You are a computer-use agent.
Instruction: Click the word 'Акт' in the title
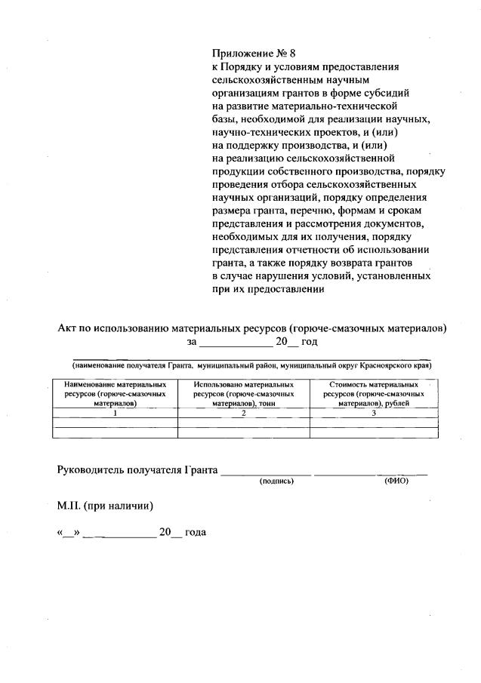69,328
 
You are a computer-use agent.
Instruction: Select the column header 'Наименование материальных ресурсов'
115,394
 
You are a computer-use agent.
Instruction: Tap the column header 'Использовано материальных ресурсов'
243,394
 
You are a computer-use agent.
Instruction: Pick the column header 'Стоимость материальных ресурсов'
374,394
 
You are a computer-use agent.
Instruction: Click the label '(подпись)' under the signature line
276,481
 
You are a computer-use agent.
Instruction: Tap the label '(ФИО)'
396,481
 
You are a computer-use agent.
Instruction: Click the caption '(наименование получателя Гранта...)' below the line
246,365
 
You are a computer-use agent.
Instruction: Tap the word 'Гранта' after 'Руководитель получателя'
200,469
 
